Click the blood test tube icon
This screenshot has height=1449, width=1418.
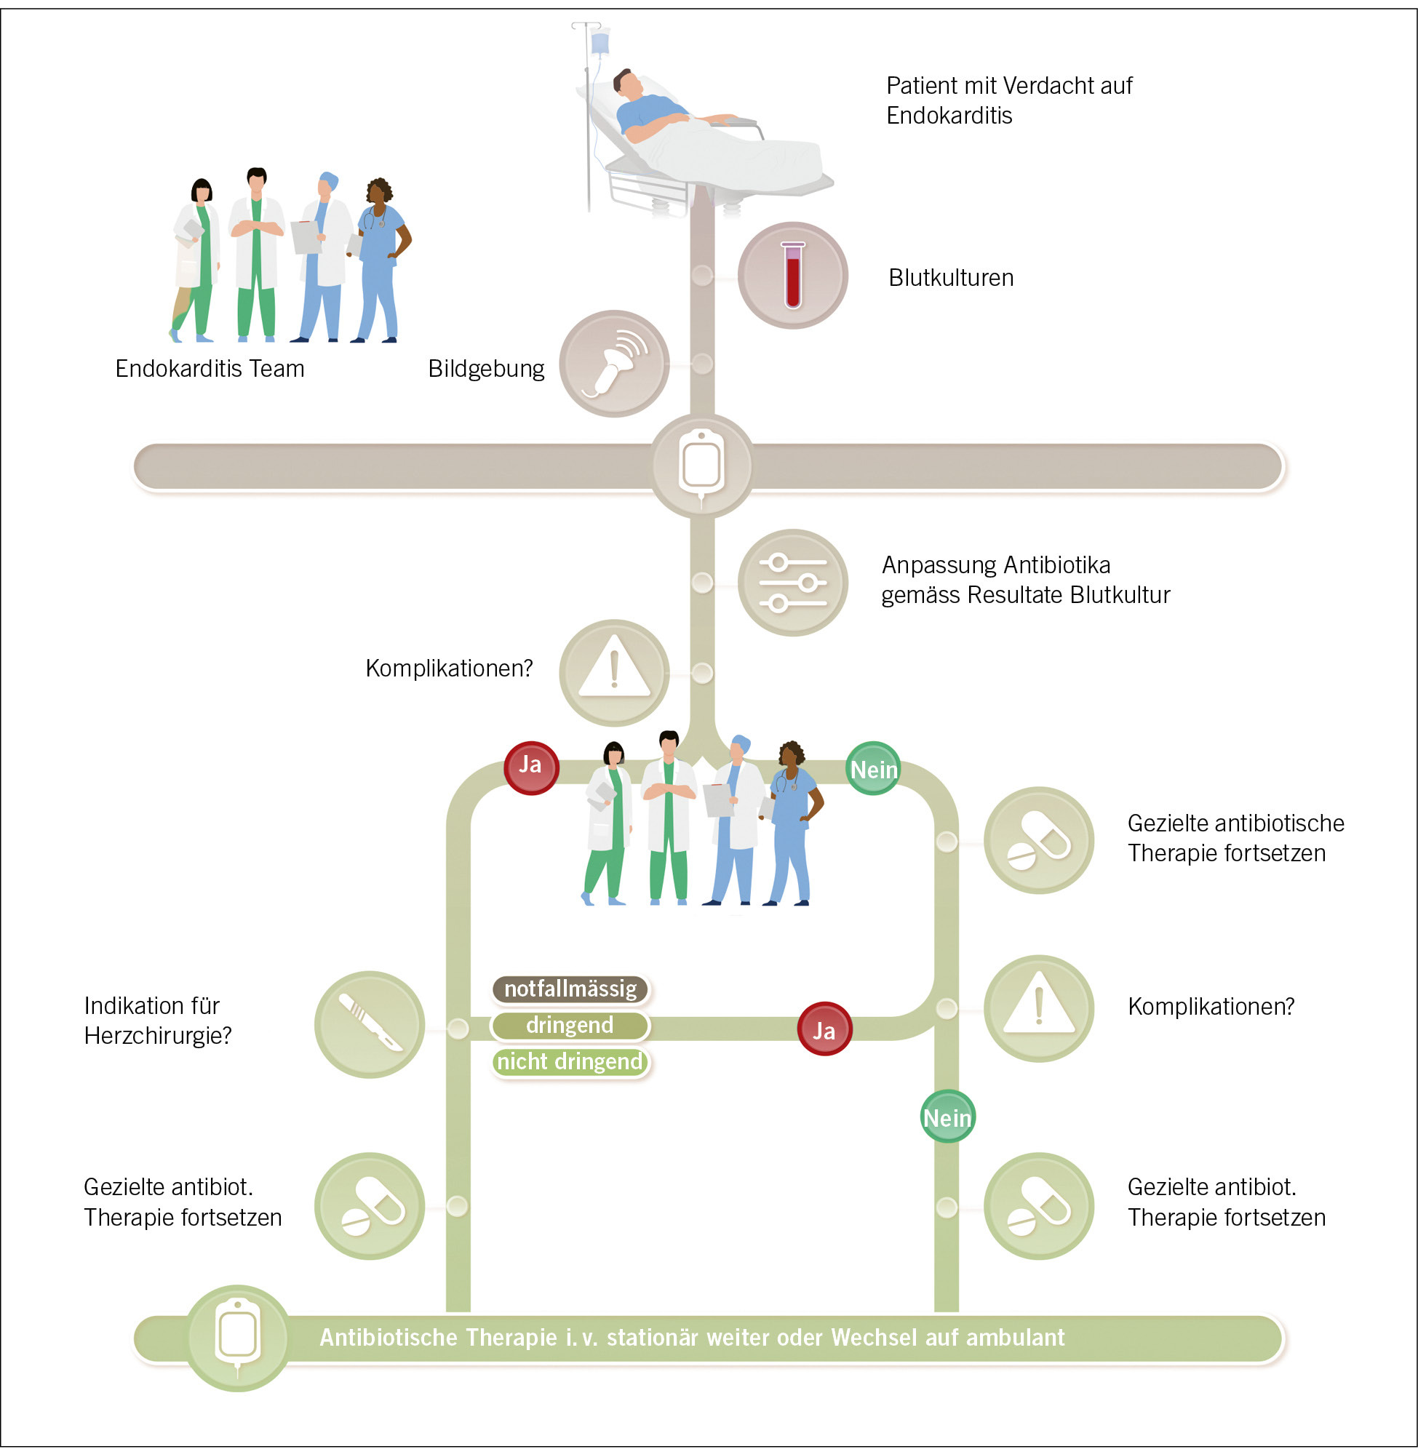792,275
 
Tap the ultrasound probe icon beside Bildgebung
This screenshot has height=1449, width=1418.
613,364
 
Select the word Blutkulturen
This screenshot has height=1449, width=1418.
950,278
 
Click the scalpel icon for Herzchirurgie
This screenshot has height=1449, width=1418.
370,1024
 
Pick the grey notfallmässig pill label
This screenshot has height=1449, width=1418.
570,988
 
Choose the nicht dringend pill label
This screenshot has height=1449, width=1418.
570,1061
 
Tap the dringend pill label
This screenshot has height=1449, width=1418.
570,1026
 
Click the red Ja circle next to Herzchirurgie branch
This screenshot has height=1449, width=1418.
824,1029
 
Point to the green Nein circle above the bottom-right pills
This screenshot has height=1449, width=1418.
947,1116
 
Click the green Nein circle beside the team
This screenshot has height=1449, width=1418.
874,768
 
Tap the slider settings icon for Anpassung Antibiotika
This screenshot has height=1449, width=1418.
792,582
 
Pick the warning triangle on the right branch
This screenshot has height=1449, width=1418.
1038,1008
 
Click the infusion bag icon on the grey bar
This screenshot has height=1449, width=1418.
701,466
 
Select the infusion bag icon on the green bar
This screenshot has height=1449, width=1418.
238,1336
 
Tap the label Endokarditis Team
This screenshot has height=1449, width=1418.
210,369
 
